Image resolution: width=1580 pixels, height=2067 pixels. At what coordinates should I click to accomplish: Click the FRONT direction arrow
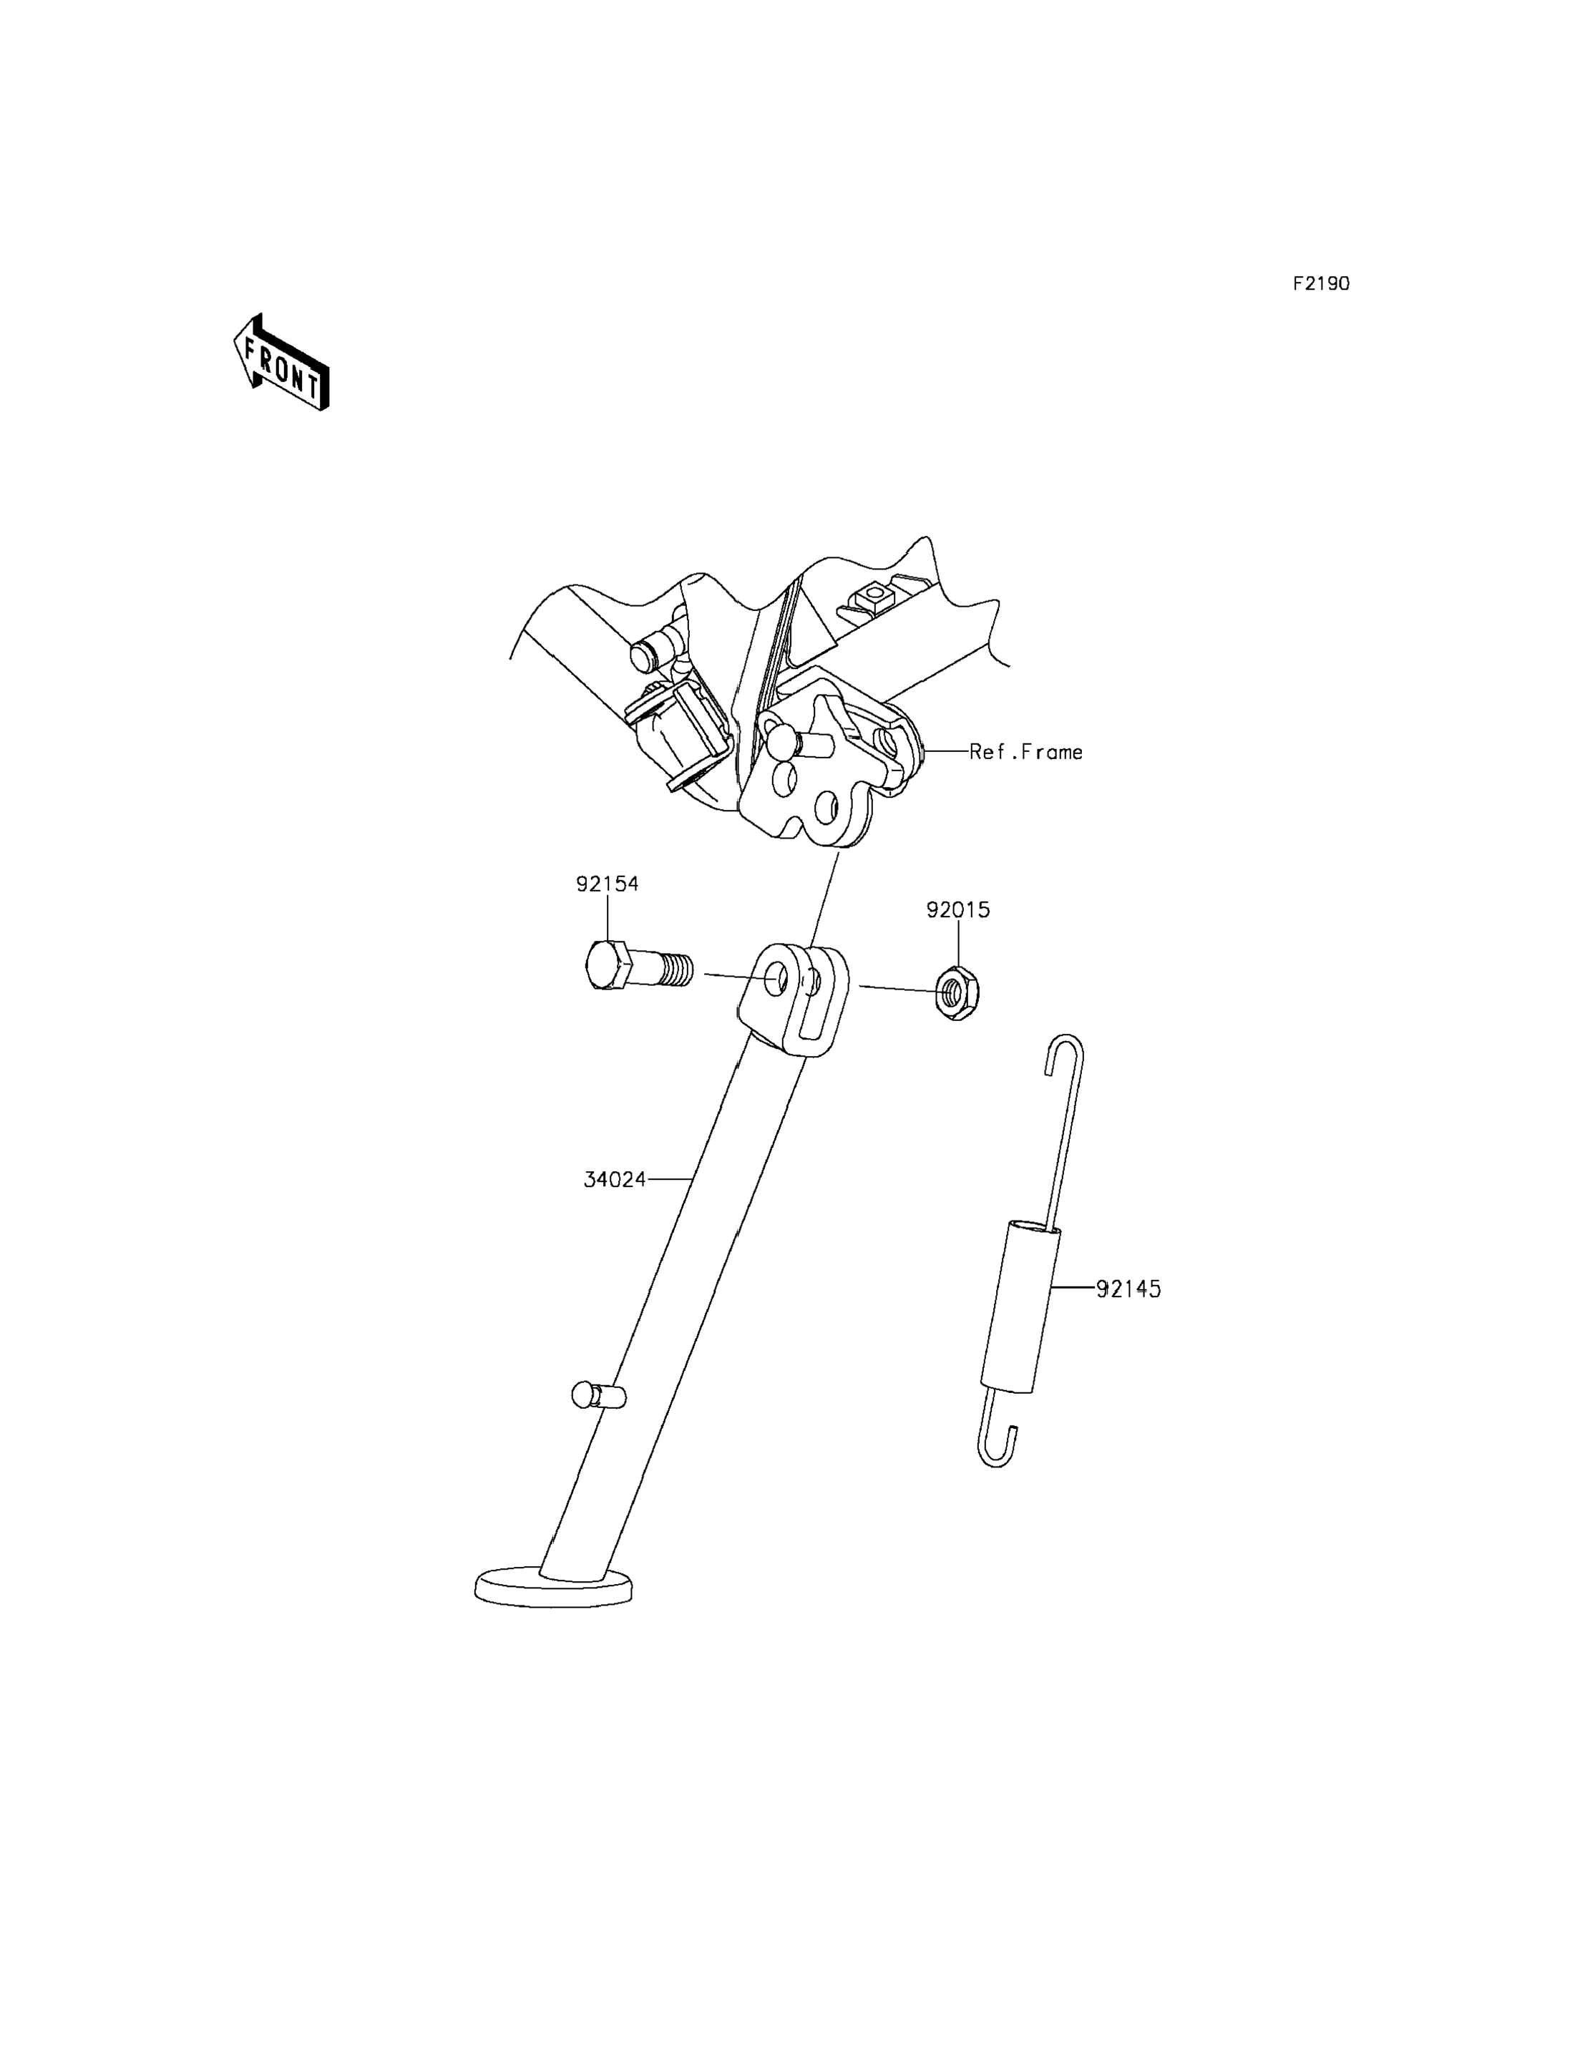tap(281, 363)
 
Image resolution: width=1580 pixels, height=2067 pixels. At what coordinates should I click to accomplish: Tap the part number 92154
tap(607, 884)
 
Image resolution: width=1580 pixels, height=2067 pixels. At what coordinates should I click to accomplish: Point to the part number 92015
tap(957, 910)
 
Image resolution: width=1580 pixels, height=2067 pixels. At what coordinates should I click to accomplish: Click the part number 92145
tap(1128, 1289)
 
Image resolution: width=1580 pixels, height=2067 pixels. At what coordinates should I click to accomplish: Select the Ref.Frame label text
tap(1026, 753)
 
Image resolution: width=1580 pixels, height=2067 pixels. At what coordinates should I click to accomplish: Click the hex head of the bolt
tap(605, 965)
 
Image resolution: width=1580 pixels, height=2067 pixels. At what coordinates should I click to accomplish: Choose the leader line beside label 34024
tap(670, 1178)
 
